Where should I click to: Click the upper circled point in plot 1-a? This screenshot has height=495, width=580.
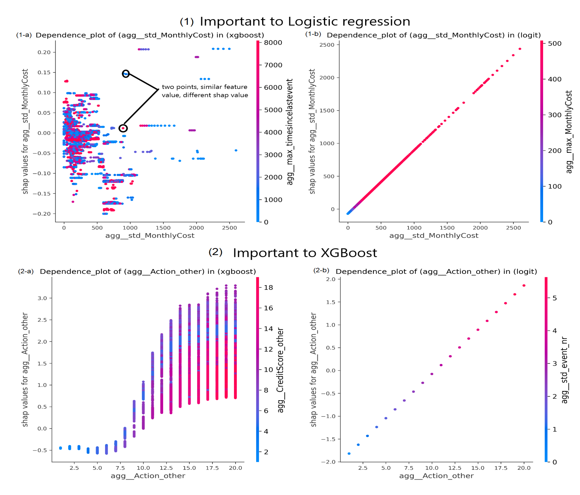(x=126, y=74)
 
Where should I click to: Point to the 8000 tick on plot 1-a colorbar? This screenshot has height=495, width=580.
(x=273, y=43)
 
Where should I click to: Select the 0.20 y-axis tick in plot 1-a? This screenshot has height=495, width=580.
(x=44, y=52)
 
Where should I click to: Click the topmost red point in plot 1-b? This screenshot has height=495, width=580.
(x=520, y=49)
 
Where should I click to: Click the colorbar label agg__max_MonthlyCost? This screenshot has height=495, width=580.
(x=569, y=131)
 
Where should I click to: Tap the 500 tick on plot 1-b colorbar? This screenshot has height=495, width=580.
(x=555, y=43)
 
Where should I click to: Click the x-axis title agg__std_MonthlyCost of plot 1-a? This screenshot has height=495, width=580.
(x=150, y=236)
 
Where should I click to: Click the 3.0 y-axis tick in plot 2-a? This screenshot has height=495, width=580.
(x=42, y=298)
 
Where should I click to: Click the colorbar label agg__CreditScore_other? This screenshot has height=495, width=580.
(x=280, y=370)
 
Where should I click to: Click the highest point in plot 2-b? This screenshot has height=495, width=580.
(x=524, y=286)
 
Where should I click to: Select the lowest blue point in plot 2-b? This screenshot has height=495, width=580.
(x=349, y=454)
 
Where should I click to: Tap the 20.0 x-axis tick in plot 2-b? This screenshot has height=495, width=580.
(x=524, y=468)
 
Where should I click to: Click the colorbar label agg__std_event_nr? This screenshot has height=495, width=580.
(x=565, y=370)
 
